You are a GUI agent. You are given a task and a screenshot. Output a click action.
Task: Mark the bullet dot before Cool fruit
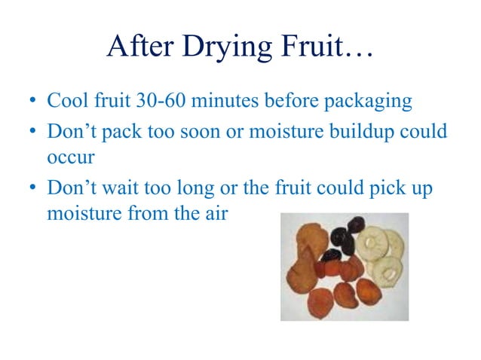click(x=33, y=102)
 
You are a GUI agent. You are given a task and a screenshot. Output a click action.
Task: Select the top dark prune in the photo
click(x=354, y=225)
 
